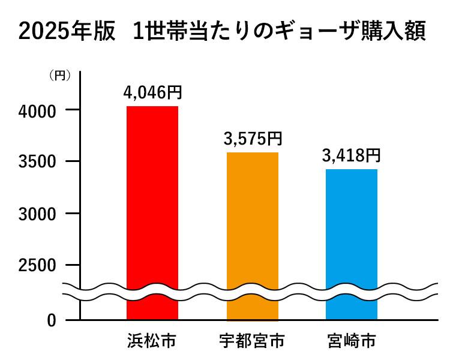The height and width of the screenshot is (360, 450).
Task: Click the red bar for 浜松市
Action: coord(152,210)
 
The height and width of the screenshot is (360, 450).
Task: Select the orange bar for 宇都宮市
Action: coord(252,234)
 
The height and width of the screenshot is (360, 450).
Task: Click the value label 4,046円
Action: coord(152,93)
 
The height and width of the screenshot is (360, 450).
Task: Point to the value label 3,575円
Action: coord(252,140)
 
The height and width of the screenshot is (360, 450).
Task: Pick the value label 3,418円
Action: coord(351,156)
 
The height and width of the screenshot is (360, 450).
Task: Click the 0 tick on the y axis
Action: coord(52,320)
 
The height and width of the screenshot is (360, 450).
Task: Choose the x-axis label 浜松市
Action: coord(152,341)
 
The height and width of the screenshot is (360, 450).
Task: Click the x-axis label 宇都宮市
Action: coord(252,341)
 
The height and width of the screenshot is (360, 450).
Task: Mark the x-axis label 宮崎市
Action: coord(351,341)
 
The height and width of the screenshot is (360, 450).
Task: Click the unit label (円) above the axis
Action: coord(60,76)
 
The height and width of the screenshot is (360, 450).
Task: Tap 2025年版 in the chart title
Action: coord(66,31)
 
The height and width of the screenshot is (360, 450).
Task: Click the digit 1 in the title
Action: coord(139,31)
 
